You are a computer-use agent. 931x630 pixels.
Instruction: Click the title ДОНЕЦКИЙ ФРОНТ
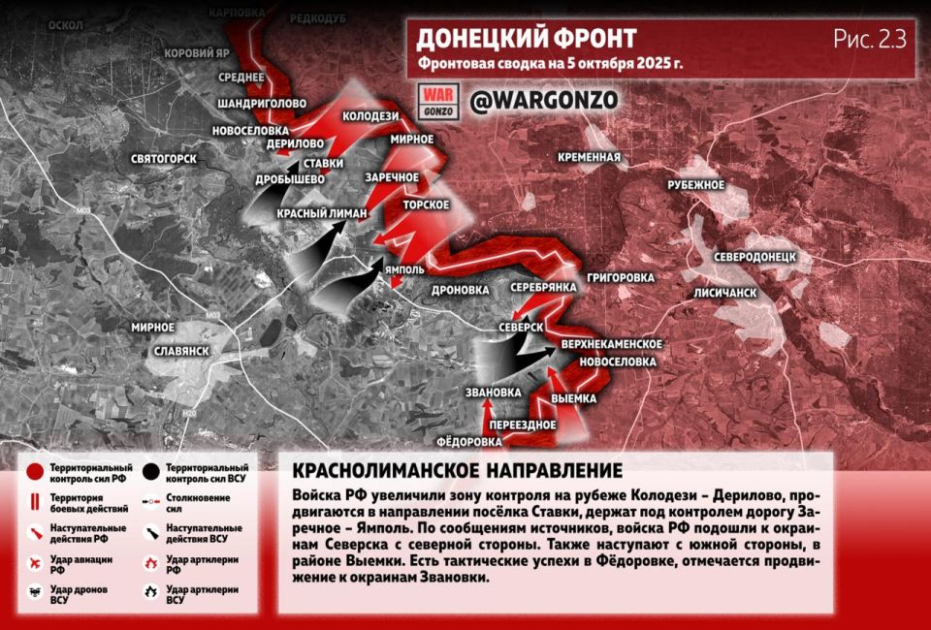click(527, 39)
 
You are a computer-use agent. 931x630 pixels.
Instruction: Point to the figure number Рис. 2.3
click(869, 39)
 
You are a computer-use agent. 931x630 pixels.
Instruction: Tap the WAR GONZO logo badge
click(435, 101)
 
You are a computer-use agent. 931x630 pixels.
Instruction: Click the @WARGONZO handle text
click(543, 101)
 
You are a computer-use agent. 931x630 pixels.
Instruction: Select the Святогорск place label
click(164, 158)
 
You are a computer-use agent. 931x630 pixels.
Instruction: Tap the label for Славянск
click(175, 349)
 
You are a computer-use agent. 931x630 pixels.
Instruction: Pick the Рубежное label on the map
click(696, 184)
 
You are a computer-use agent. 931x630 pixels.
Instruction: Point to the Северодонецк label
click(754, 258)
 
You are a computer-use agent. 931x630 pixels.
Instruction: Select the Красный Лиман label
click(322, 213)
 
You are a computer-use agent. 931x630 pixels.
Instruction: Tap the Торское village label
click(427, 205)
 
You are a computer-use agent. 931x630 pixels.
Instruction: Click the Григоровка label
click(621, 278)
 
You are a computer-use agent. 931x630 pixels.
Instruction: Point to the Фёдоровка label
click(469, 441)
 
